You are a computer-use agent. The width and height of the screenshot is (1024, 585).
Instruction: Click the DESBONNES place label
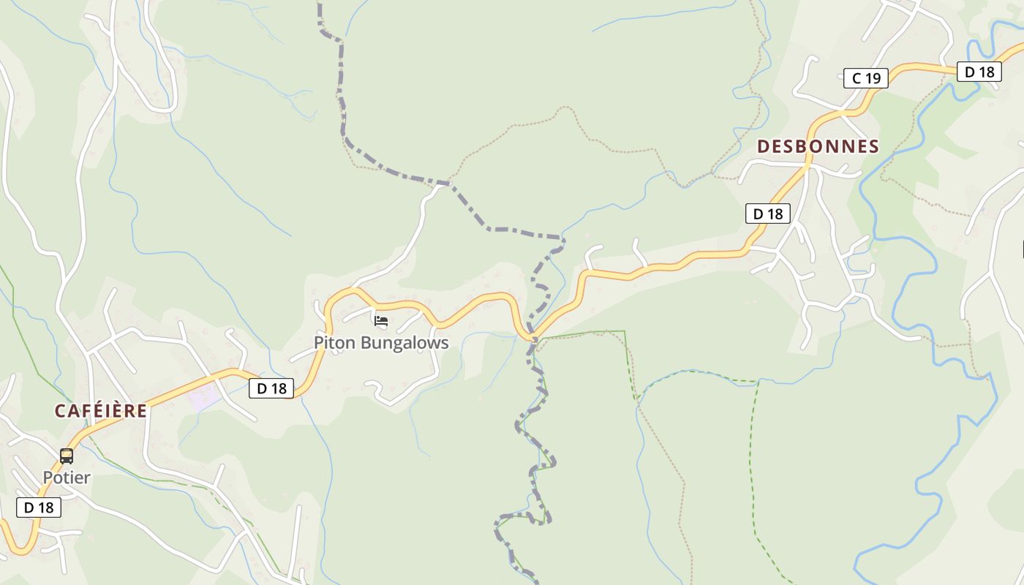(818, 146)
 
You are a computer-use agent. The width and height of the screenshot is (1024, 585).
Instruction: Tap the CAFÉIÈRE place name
(101, 411)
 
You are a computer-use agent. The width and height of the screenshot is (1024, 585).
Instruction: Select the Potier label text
(67, 478)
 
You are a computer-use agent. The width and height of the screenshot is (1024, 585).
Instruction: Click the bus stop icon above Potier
(67, 456)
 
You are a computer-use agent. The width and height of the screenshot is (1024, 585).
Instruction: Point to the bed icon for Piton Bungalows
(380, 320)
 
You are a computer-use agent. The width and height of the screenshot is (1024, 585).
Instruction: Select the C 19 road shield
(866, 78)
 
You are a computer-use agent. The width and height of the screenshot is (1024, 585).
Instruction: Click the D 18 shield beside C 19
(979, 72)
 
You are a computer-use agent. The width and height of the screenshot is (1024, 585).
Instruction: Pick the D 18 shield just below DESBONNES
(768, 214)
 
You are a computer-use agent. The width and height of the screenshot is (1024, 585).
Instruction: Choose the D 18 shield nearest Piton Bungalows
(272, 388)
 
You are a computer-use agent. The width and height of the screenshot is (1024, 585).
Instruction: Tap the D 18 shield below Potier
(39, 507)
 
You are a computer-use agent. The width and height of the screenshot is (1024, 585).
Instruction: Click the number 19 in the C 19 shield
(873, 78)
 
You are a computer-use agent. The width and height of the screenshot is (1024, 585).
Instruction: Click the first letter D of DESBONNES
(764, 146)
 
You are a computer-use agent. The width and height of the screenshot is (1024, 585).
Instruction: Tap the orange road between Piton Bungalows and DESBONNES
(658, 267)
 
